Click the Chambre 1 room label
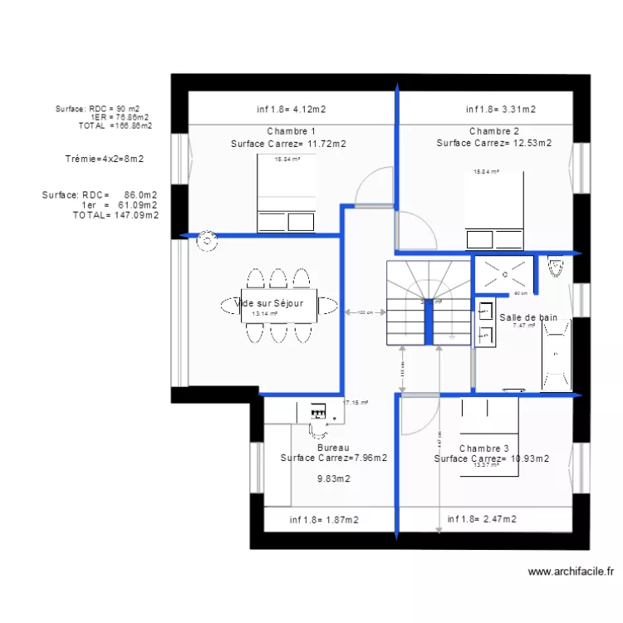[291, 131]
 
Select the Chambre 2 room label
[494, 131]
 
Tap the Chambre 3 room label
[483, 448]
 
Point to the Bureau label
[333, 448]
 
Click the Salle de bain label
[528, 316]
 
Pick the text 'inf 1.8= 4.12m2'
[290, 109]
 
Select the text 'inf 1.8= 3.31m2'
[500, 109]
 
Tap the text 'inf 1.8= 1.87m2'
[324, 520]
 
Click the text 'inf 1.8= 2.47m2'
[482, 519]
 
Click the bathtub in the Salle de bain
[557, 354]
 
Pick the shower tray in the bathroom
[503, 275]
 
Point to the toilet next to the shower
[556, 266]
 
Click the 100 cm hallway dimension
[365, 312]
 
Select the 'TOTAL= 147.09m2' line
[115, 214]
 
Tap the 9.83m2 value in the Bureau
[334, 478]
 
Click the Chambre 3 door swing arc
[419, 415]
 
